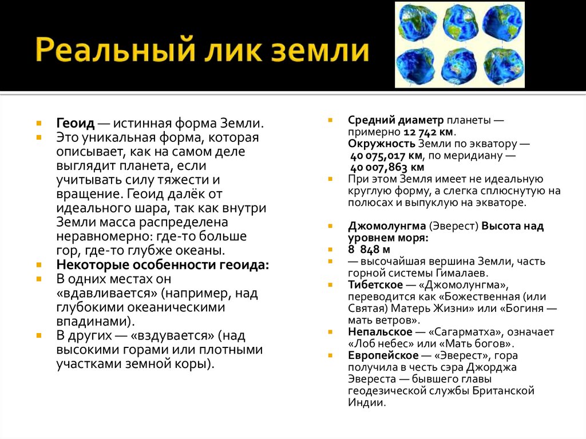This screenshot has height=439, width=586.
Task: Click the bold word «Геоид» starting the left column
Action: coord(75,124)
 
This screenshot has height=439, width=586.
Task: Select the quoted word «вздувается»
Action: coord(172,336)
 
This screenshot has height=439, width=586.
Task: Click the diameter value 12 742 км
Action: coord(421,131)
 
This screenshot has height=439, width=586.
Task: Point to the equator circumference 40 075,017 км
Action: coord(387,156)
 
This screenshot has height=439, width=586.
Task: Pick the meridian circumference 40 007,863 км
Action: coord(387,167)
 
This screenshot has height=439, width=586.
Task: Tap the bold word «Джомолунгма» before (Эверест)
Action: coord(387,226)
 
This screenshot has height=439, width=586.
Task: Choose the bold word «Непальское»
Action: coord(380,332)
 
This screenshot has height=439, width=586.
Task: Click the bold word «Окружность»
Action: coord(382,143)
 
